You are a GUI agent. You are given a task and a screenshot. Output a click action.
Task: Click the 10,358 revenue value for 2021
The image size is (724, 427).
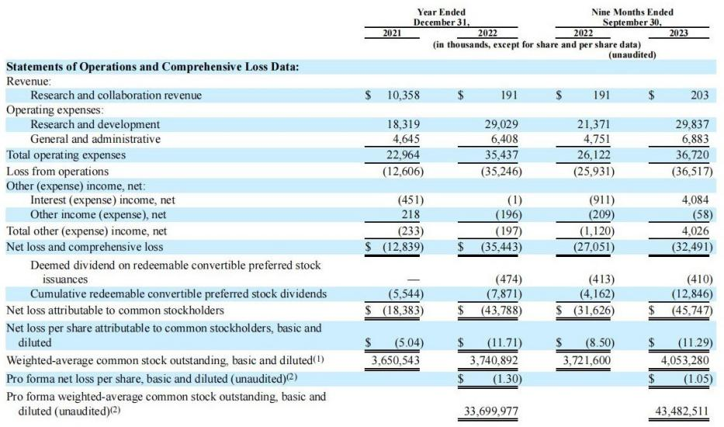click(x=403, y=95)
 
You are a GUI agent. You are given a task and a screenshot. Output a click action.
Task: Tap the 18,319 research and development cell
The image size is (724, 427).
click(x=403, y=124)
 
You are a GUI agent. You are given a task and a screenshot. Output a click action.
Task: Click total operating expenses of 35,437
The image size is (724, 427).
click(x=502, y=154)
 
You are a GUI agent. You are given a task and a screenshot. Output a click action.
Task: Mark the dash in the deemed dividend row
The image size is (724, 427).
click(x=412, y=279)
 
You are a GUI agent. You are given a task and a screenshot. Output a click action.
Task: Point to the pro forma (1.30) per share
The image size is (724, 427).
click(x=504, y=379)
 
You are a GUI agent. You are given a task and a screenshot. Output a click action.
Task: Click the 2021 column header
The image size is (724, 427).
click(x=397, y=33)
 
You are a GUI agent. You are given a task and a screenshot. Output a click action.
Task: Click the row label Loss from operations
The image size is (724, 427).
click(x=57, y=170)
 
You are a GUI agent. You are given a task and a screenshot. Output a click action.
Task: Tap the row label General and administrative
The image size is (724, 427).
click(x=95, y=139)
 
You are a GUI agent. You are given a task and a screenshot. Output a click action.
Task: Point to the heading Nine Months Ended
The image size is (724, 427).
click(x=632, y=12)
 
